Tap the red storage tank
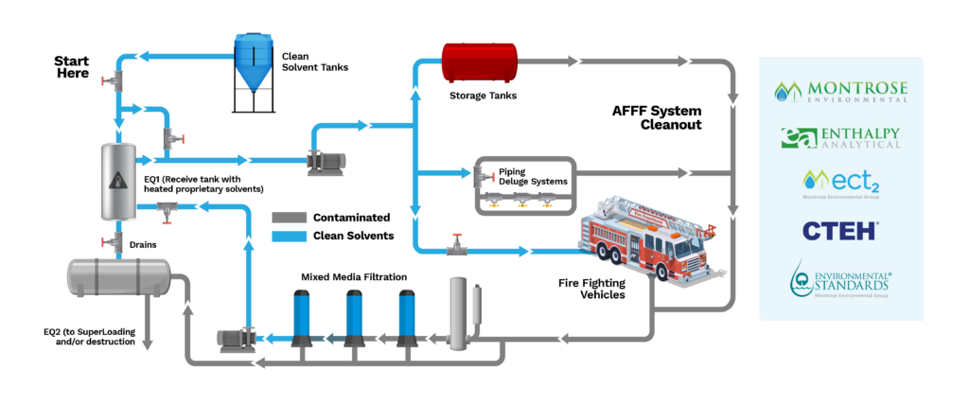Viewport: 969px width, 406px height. click(x=479, y=62)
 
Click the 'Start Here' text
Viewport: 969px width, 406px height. click(x=71, y=66)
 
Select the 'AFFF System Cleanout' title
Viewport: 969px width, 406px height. click(x=658, y=117)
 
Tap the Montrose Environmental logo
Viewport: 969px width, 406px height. click(x=840, y=91)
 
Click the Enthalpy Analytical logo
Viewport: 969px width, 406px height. click(x=840, y=138)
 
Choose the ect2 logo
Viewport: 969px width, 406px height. click(x=840, y=183)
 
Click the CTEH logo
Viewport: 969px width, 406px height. click(x=840, y=230)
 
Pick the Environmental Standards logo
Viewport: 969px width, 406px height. click(x=840, y=280)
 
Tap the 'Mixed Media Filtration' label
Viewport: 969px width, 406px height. click(x=354, y=277)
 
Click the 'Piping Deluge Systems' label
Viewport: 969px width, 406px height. click(x=525, y=177)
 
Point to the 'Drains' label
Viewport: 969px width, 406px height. click(x=144, y=245)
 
